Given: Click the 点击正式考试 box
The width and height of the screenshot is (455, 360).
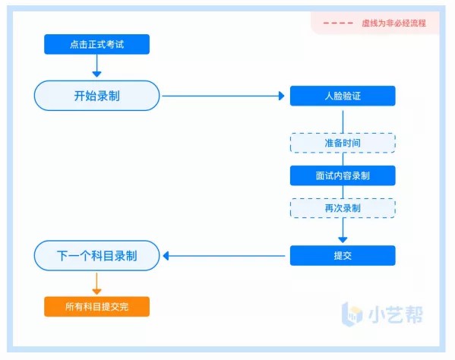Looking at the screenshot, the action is pyautogui.click(x=96, y=44).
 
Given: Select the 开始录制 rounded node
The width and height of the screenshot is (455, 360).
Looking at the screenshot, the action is pyautogui.click(x=96, y=96).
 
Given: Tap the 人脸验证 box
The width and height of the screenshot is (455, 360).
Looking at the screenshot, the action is pyautogui.click(x=343, y=96).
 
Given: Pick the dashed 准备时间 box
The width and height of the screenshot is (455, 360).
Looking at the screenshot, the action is pyautogui.click(x=343, y=143).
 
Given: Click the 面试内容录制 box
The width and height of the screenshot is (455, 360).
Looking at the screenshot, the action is pyautogui.click(x=343, y=175).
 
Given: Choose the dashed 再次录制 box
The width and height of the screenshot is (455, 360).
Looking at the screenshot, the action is pyautogui.click(x=343, y=208).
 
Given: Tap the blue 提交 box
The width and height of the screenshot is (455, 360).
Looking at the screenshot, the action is pyautogui.click(x=343, y=255).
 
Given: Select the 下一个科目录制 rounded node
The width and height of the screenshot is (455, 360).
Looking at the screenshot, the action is pyautogui.click(x=96, y=255).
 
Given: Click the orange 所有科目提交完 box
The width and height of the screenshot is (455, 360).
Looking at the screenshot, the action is pyautogui.click(x=96, y=306).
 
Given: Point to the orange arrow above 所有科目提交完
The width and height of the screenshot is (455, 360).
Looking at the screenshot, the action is pyautogui.click(x=96, y=284).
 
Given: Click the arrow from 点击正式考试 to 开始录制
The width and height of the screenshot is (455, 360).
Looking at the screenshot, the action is pyautogui.click(x=96, y=65).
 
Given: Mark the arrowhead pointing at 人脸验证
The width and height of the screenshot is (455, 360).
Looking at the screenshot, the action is pyautogui.click(x=281, y=96).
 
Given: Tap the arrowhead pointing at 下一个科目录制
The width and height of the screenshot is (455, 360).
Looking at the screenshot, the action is pyautogui.click(x=166, y=256).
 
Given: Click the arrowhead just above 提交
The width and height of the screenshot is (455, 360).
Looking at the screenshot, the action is pyautogui.click(x=343, y=240).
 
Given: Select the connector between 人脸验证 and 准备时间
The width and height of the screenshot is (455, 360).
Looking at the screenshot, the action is pyautogui.click(x=343, y=122).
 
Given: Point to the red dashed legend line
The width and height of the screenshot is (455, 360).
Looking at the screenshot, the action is pyautogui.click(x=338, y=23).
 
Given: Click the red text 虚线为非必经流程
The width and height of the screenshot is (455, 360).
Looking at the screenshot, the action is pyautogui.click(x=393, y=24).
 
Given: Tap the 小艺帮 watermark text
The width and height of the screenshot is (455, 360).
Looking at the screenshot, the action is pyautogui.click(x=396, y=314).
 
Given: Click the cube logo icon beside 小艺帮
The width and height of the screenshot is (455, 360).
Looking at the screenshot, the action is pyautogui.click(x=352, y=314).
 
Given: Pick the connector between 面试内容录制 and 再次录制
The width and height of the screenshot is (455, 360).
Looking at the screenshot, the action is pyautogui.click(x=343, y=192).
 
